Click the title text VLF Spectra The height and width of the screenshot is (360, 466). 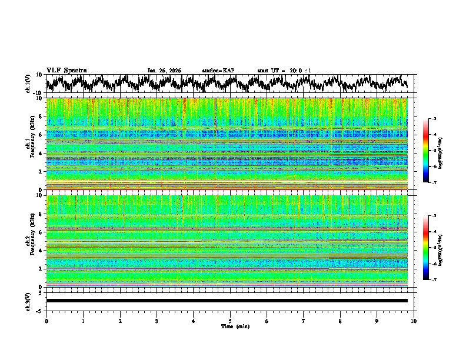[66, 70]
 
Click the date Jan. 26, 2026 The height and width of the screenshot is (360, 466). [164, 71]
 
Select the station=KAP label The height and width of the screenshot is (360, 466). [218, 71]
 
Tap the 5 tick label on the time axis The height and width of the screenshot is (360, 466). [230, 321]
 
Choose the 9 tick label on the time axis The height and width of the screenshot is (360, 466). [377, 321]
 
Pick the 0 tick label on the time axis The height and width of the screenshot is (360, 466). [46, 321]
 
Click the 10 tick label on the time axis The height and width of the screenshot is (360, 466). [414, 321]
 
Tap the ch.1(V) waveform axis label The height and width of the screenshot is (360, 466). [29, 84]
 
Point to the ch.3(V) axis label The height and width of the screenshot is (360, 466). [29, 301]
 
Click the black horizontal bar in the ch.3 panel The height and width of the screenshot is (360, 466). [227, 301]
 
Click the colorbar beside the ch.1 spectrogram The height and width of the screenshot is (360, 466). [425, 151]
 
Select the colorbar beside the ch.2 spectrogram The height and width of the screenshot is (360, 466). [425, 248]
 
